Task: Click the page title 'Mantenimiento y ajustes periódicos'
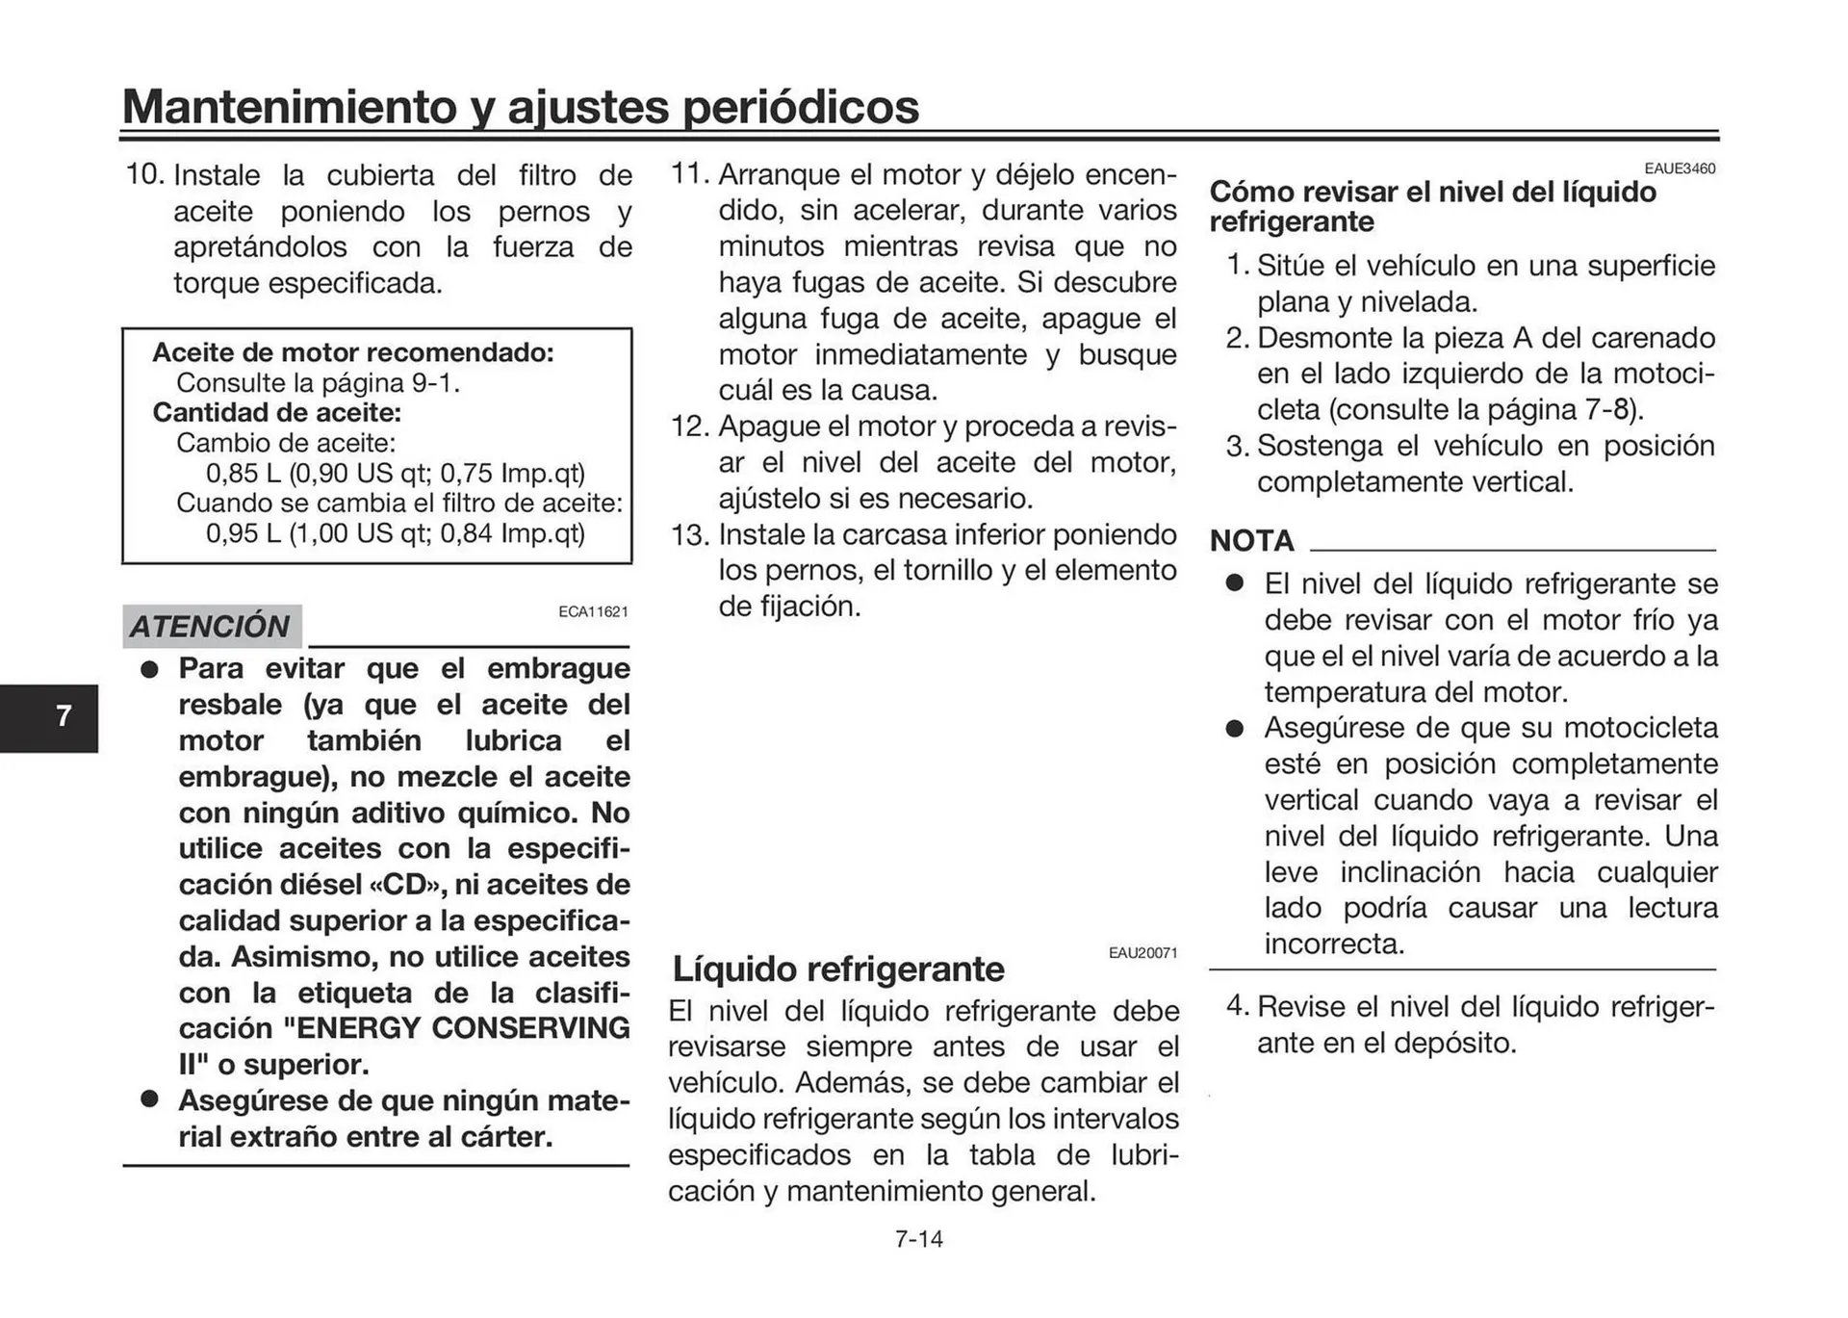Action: click(x=520, y=106)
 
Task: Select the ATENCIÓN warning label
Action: click(x=211, y=627)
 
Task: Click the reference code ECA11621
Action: click(x=593, y=611)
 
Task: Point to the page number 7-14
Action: click(x=918, y=1239)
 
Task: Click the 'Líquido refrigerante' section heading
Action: click(x=837, y=969)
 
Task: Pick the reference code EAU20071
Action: click(x=1142, y=953)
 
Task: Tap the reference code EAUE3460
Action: click(x=1680, y=168)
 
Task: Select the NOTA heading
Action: click(x=1251, y=541)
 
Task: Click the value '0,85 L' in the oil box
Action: click(x=244, y=474)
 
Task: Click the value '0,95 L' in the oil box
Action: click(x=244, y=533)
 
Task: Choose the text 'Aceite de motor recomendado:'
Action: click(x=353, y=352)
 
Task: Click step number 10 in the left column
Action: click(x=144, y=175)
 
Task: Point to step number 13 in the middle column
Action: click(x=689, y=535)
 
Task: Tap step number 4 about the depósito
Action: click(x=1237, y=1007)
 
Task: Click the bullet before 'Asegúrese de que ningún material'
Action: click(x=149, y=1099)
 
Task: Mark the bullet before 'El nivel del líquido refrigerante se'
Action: click(x=1235, y=583)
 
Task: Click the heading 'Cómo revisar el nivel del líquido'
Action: click(x=1432, y=192)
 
